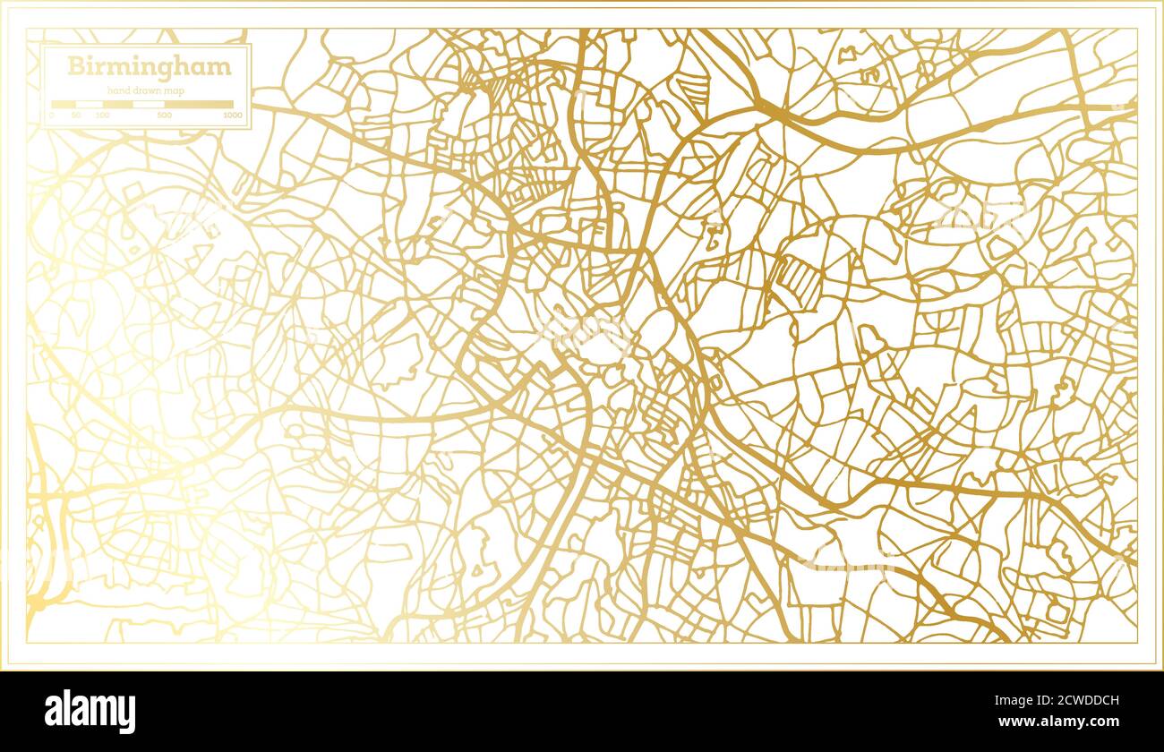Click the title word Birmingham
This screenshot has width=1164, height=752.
[149, 67]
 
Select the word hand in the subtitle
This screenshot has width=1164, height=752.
[118, 90]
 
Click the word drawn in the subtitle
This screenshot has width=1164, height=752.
[145, 90]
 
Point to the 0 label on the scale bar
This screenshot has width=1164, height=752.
[52, 115]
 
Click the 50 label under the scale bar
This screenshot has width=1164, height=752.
[76, 115]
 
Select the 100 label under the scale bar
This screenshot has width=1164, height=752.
[102, 115]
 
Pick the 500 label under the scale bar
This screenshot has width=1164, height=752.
[165, 115]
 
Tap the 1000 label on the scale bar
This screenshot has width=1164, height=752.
[233, 115]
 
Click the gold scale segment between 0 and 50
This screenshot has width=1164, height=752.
[64, 104]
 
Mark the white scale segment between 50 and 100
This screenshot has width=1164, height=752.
[89, 104]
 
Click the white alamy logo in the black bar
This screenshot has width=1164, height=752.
[90, 711]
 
